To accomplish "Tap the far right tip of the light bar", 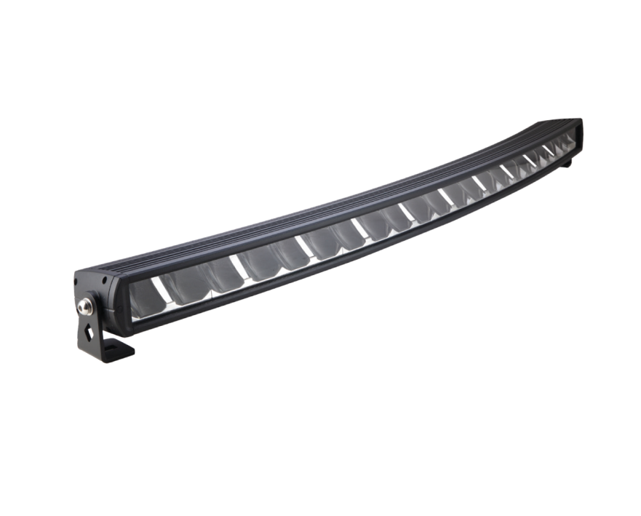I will (x=581, y=131).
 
